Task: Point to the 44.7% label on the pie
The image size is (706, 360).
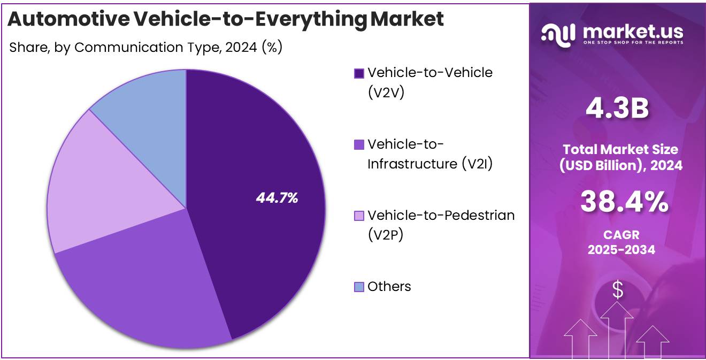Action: click(277, 198)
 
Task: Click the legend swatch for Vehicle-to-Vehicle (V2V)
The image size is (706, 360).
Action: click(359, 73)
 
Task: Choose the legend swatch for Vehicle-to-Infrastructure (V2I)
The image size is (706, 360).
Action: click(359, 144)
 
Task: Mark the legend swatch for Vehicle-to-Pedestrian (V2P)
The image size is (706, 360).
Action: click(359, 216)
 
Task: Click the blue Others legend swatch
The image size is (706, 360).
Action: click(359, 287)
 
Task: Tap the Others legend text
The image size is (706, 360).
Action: click(389, 287)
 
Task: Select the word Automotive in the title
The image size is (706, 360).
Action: click(68, 19)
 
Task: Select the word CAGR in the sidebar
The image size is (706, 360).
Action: click(621, 234)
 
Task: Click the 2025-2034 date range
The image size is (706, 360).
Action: click(621, 249)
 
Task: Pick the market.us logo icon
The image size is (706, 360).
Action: click(558, 33)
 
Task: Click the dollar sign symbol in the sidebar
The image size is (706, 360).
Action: click(618, 290)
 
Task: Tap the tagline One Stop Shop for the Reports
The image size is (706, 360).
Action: click(633, 42)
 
